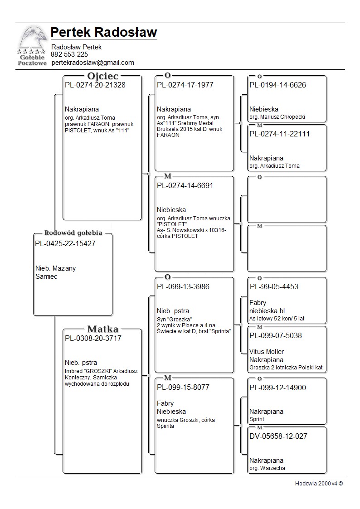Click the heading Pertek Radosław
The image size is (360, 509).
point(104,33)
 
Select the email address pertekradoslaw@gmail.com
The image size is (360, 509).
point(92,63)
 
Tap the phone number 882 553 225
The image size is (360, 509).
point(69,54)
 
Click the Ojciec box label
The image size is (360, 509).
point(102,76)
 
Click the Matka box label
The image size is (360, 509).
point(102,329)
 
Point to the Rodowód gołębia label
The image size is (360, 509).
point(73,233)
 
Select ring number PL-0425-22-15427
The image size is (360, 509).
point(65,243)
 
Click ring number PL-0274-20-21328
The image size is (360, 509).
point(95,85)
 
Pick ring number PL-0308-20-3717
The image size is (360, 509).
point(93,338)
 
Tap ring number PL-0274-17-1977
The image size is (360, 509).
point(185,85)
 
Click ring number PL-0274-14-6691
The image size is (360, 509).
point(185,185)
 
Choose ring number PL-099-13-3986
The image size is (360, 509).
point(183,286)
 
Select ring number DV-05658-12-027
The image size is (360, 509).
point(278,436)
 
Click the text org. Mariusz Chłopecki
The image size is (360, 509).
point(277,117)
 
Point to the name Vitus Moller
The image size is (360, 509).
point(267,352)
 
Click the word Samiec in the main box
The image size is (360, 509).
point(46,276)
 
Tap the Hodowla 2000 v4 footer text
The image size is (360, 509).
point(319,484)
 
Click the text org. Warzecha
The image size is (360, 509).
point(267,468)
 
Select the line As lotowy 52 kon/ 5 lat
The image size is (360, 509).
point(277,319)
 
